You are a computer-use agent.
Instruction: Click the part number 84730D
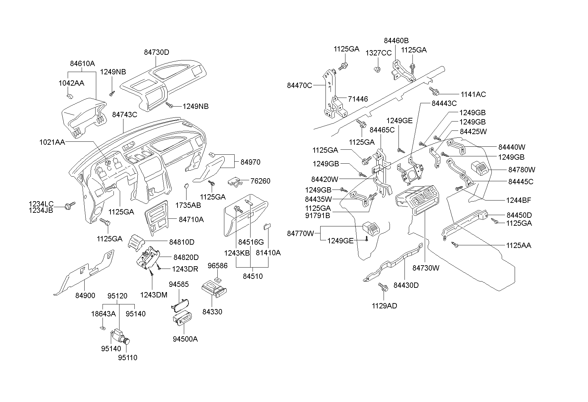click(x=157, y=52)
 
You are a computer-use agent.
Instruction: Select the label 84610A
click(x=82, y=63)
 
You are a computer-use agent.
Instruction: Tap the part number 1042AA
click(x=71, y=83)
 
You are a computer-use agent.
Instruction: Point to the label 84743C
click(x=124, y=115)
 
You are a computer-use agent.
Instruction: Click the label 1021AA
click(x=52, y=142)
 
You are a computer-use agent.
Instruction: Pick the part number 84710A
click(x=191, y=219)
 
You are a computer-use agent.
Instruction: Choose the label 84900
click(x=85, y=295)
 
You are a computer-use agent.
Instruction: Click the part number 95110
click(x=128, y=358)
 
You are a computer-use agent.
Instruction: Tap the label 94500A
click(x=185, y=339)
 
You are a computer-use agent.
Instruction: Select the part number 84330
click(x=212, y=312)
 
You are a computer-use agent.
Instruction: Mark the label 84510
click(x=253, y=276)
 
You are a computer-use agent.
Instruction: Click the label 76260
click(x=260, y=181)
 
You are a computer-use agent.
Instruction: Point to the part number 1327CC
click(x=379, y=53)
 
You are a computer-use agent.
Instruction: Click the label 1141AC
click(x=473, y=94)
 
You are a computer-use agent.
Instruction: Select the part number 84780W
click(x=522, y=170)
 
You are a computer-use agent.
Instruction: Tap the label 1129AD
click(x=384, y=306)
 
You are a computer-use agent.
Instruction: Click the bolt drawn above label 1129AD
click(x=383, y=287)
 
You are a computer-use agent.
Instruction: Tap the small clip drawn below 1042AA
click(x=70, y=96)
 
